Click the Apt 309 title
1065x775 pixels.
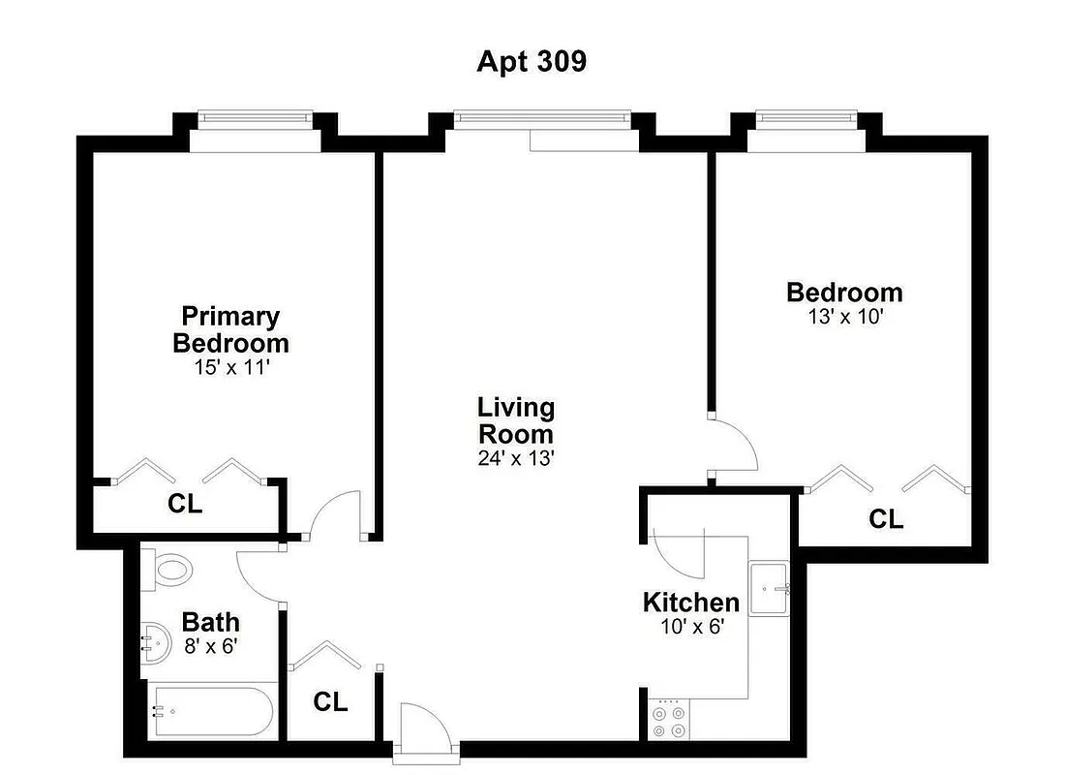tap(532, 61)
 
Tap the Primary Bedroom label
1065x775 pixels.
tap(230, 329)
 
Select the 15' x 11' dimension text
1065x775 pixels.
tap(230, 368)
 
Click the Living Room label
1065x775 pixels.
tap(515, 420)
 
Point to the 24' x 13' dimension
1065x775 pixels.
tap(515, 458)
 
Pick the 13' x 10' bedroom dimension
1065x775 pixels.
tap(844, 316)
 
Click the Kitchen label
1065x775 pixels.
tap(691, 602)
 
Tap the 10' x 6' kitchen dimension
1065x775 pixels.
tap(691, 626)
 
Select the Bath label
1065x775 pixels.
tap(210, 622)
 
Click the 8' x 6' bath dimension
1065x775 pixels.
tap(210, 646)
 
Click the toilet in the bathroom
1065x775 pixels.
tap(167, 569)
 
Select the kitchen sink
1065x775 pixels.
tap(771, 587)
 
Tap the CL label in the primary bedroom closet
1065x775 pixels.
tap(185, 504)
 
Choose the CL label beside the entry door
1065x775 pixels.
tap(330, 702)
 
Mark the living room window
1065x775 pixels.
tap(542, 119)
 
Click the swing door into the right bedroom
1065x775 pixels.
tap(734, 446)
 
